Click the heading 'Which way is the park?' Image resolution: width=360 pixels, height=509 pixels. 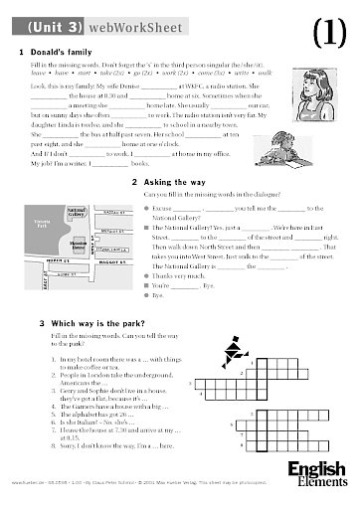85,324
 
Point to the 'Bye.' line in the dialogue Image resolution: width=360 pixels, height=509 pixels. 156,295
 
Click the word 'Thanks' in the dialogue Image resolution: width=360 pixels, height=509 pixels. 163,275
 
